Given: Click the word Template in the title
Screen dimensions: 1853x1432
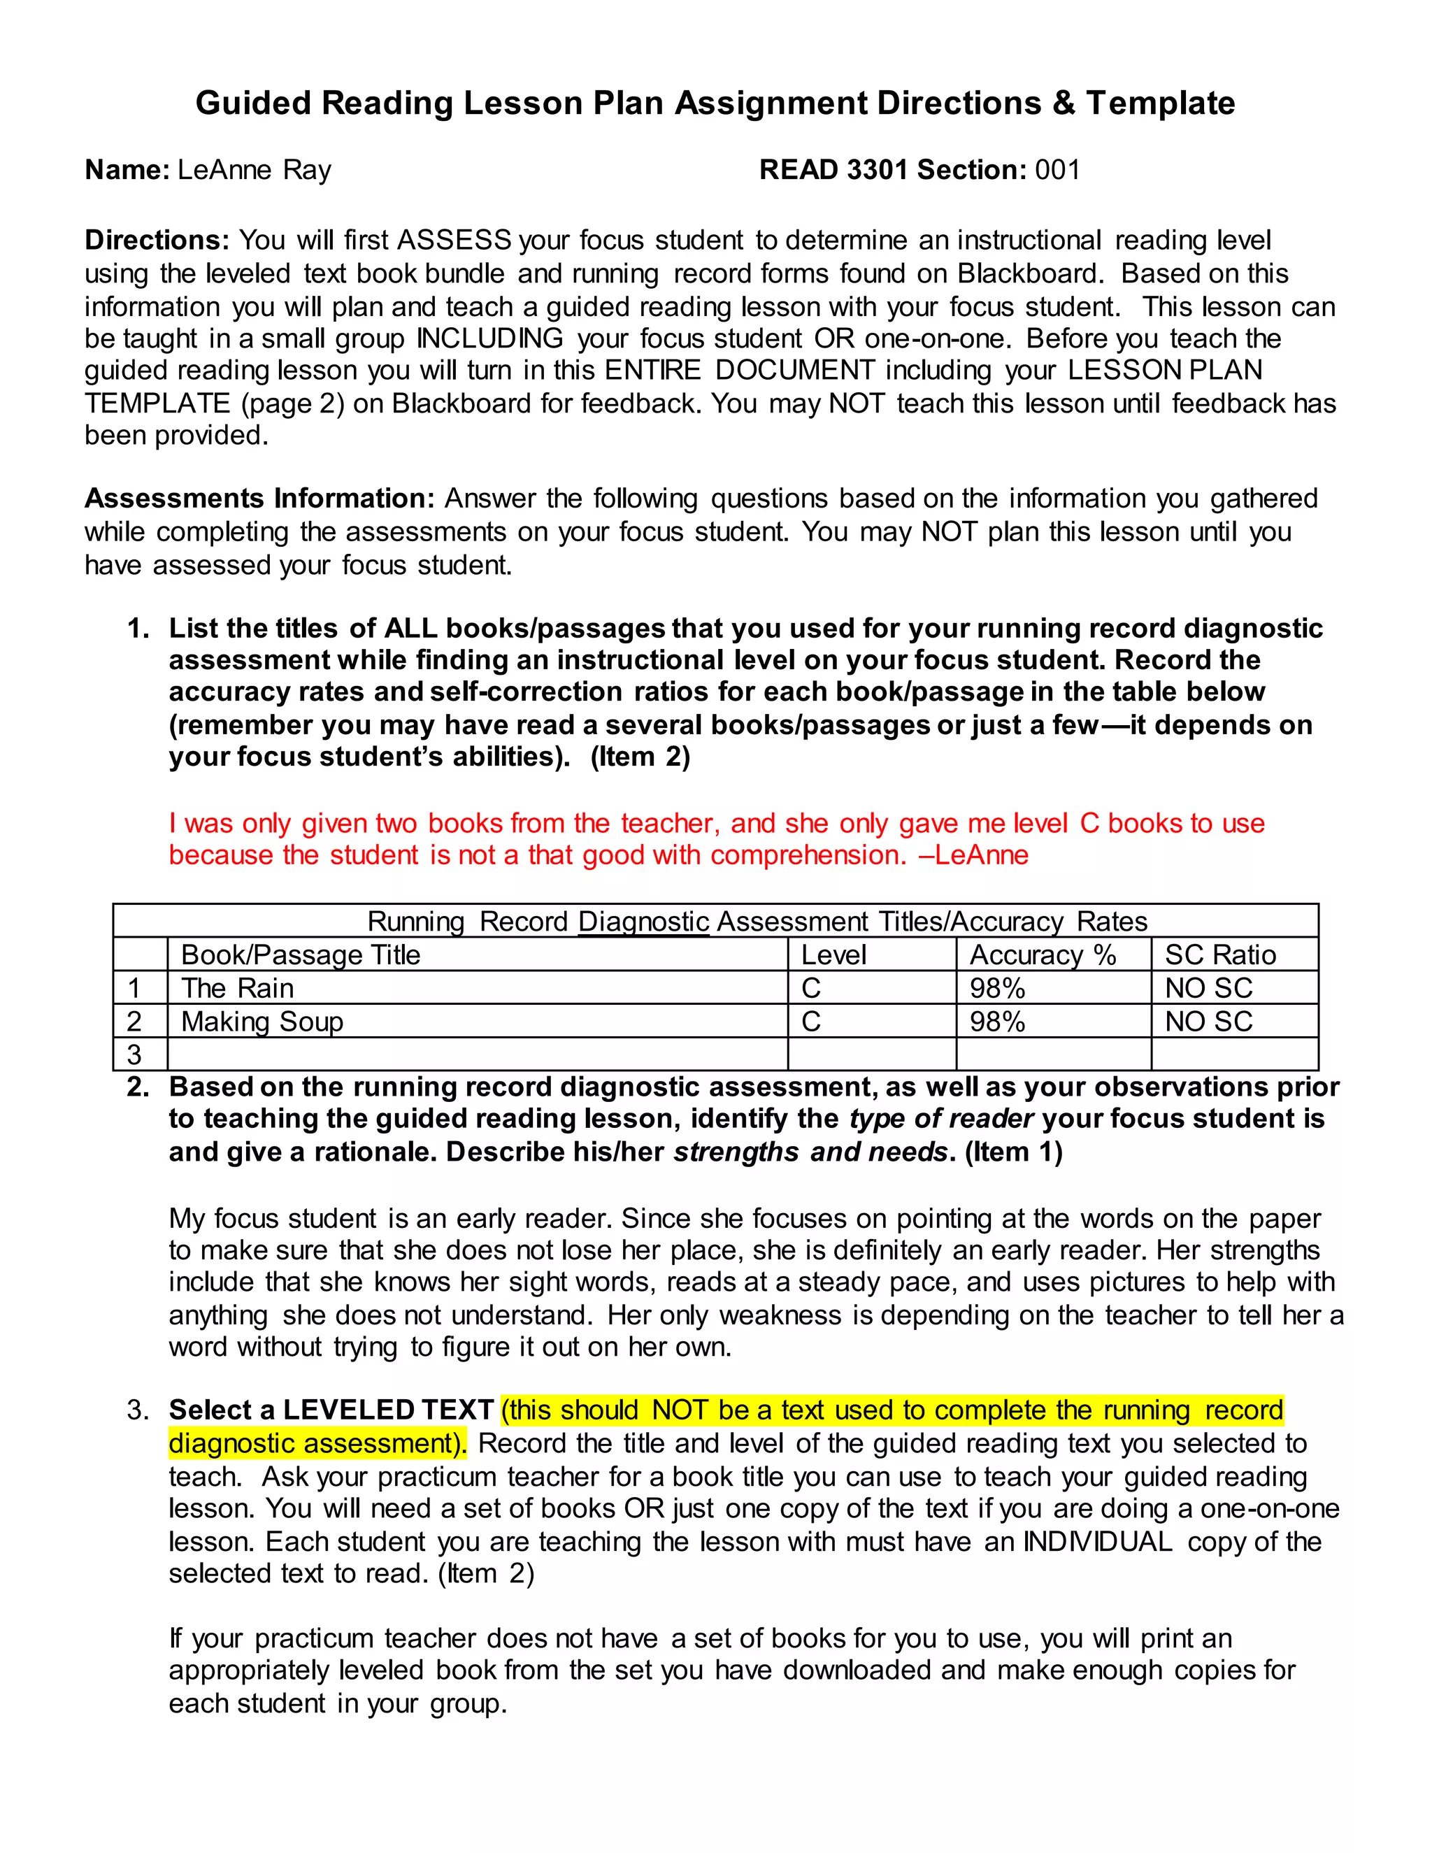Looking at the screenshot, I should pyautogui.click(x=1160, y=103).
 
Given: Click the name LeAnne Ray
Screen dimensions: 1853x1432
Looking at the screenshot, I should pyautogui.click(x=254, y=171).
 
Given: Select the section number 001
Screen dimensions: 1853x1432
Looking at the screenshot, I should pyautogui.click(x=1057, y=171).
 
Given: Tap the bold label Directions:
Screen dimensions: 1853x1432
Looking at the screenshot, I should pyautogui.click(x=157, y=241).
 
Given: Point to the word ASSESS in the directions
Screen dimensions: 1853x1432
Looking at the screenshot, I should pyautogui.click(x=454, y=241).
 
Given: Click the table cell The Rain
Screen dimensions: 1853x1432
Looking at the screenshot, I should pyautogui.click(x=238, y=989).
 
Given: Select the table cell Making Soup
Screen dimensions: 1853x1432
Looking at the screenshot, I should pyautogui.click(x=262, y=1022).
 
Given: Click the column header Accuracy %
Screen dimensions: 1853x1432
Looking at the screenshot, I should pyautogui.click(x=1043, y=955).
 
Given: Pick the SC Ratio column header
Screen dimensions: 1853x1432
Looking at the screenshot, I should pyautogui.click(x=1220, y=955).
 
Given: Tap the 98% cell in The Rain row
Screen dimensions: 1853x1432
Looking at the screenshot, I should pyautogui.click(x=998, y=989).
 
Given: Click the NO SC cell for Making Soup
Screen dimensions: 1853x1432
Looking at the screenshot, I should pyautogui.click(x=1208, y=1022).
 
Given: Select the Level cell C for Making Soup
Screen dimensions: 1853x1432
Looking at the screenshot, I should pyautogui.click(x=811, y=1022).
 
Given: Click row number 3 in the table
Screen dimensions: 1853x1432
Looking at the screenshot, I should pyautogui.click(x=134, y=1054).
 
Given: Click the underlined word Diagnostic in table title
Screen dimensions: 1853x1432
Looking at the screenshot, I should pyautogui.click(x=643, y=922).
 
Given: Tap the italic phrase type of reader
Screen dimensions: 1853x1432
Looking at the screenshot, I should pyautogui.click(x=941, y=1119).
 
